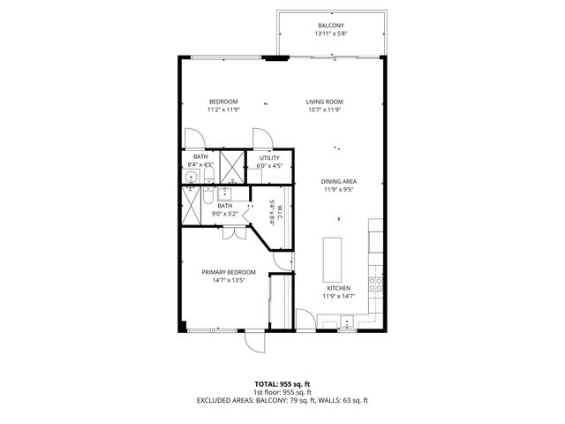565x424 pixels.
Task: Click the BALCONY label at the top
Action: tap(331, 25)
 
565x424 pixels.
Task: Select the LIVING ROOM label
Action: tap(324, 102)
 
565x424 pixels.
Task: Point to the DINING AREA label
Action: tap(337, 181)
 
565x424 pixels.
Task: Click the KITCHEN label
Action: tap(339, 288)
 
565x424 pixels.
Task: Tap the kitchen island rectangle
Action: tap(332, 256)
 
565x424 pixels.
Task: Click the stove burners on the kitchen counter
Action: tap(375, 284)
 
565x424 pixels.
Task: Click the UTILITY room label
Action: tap(269, 157)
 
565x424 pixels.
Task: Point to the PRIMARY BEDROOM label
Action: tap(229, 272)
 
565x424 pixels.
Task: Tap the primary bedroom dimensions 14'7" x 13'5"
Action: tap(229, 281)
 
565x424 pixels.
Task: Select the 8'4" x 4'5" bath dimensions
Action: tap(201, 165)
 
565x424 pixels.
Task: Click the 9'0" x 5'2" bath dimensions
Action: tap(226, 214)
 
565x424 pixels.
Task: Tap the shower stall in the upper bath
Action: tap(232, 164)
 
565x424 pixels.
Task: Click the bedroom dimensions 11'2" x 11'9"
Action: tap(222, 110)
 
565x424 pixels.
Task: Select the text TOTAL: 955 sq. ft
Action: tap(282, 383)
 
